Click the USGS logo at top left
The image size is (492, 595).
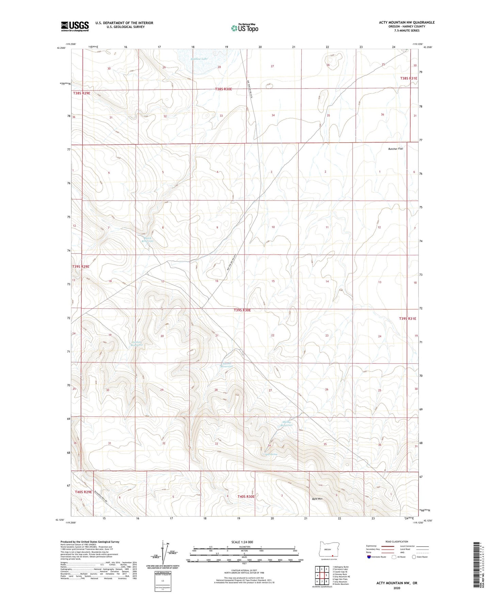point(75,26)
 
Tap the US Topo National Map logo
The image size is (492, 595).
point(244,28)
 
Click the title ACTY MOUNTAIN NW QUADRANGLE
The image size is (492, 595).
point(407,22)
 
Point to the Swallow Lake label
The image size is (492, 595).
point(199,59)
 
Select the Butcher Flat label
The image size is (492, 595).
point(395,149)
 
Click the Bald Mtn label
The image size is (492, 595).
point(317,499)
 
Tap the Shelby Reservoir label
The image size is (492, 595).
point(287,424)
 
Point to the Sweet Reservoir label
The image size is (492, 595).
point(226,365)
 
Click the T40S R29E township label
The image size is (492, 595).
point(83,492)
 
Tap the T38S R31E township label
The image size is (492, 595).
point(408,78)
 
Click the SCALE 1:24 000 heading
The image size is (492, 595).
point(242,542)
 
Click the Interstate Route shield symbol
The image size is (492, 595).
point(369,557)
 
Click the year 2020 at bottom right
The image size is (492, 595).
point(397,588)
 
